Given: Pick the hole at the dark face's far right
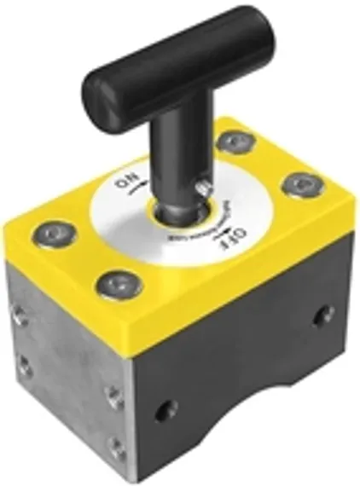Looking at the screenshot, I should click(x=322, y=318).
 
